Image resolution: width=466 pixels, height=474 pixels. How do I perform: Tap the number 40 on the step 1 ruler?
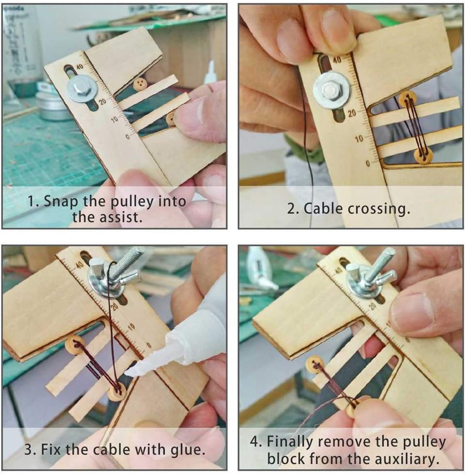pyautogui.click(x=79, y=66)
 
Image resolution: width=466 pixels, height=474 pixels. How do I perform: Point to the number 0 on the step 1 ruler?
pyautogui.click(x=127, y=137)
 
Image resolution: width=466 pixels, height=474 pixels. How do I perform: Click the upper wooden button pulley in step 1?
pyautogui.click(x=139, y=84)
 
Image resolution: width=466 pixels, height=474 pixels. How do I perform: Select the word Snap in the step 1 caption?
pyautogui.click(x=60, y=201)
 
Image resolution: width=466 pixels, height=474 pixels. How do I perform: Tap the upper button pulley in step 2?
pyautogui.click(x=408, y=98)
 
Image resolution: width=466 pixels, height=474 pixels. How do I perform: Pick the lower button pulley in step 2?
pyautogui.click(x=423, y=156)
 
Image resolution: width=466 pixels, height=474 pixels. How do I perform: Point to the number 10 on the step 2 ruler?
pyautogui.click(x=359, y=139)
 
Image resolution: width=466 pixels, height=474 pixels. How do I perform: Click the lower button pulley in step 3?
pyautogui.click(x=117, y=392)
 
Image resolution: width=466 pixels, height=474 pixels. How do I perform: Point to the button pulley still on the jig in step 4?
pyautogui.click(x=315, y=364)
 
